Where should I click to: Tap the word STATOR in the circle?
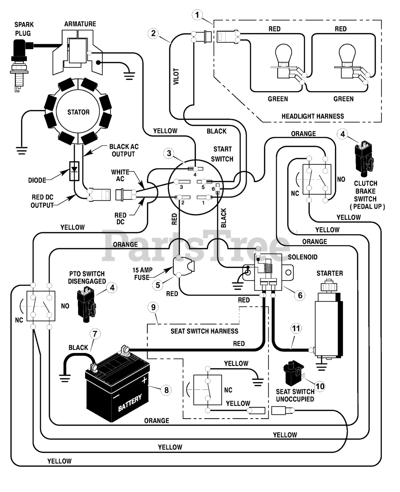click(78, 112)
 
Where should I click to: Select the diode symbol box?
click(74, 171)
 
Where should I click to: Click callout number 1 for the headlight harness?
click(197, 15)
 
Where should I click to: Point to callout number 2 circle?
click(153, 33)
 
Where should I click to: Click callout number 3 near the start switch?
click(169, 153)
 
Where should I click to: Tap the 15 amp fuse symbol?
click(184, 267)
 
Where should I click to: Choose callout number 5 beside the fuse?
click(158, 285)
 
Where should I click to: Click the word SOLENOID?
click(303, 257)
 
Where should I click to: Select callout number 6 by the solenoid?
click(300, 295)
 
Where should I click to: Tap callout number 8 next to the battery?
click(166, 390)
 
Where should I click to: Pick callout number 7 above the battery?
click(95, 334)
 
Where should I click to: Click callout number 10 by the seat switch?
click(320, 386)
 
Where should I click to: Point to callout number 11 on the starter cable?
click(296, 329)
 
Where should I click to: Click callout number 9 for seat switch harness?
click(153, 307)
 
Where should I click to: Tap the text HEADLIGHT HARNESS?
click(313, 116)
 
